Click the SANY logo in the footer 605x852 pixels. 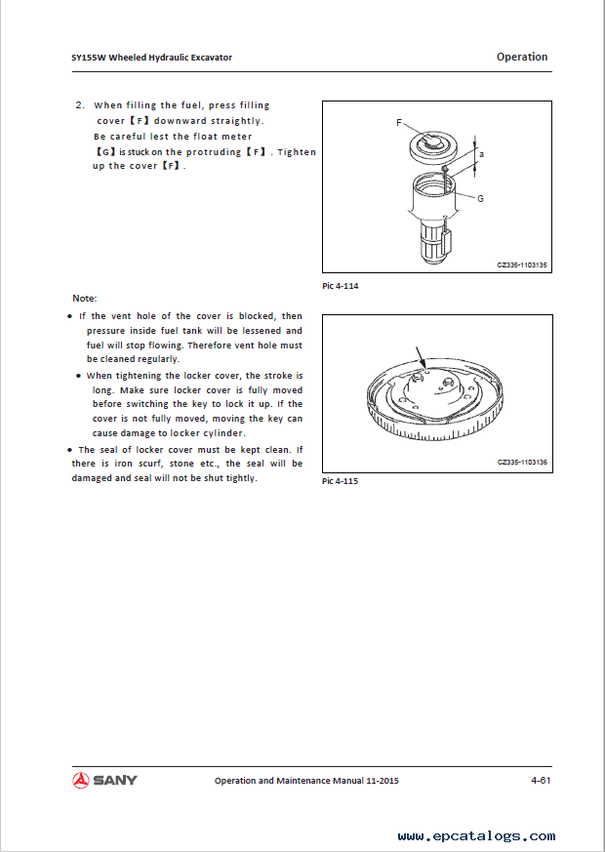click(104, 780)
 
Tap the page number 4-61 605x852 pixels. click(542, 780)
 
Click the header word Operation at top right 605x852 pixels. click(522, 57)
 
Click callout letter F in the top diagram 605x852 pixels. click(399, 123)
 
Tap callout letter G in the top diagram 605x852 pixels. click(481, 197)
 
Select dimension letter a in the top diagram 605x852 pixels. click(481, 154)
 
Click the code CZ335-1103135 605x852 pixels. click(522, 264)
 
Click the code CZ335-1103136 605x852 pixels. click(522, 462)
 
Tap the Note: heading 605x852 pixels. click(85, 298)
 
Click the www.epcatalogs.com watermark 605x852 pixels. click(476, 835)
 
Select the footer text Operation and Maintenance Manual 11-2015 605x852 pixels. click(306, 781)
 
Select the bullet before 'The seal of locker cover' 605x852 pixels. click(68, 449)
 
